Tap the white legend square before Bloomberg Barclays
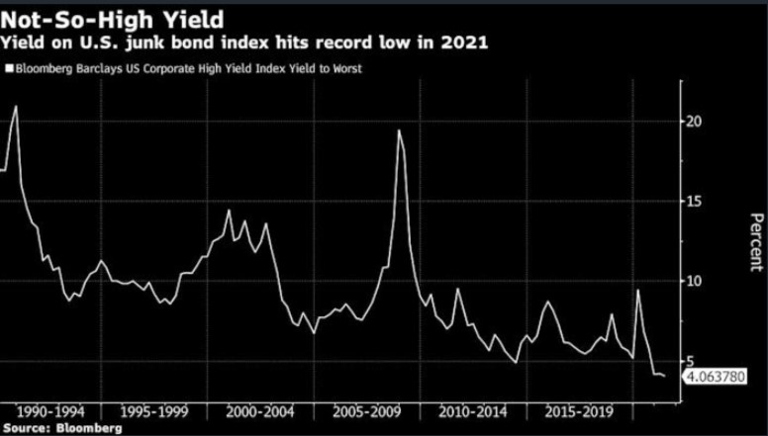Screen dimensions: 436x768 (x=9, y=69)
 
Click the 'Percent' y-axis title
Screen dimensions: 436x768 (x=755, y=243)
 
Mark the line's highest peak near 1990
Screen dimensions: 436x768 (x=16, y=106)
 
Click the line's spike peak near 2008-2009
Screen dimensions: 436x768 (x=399, y=131)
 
